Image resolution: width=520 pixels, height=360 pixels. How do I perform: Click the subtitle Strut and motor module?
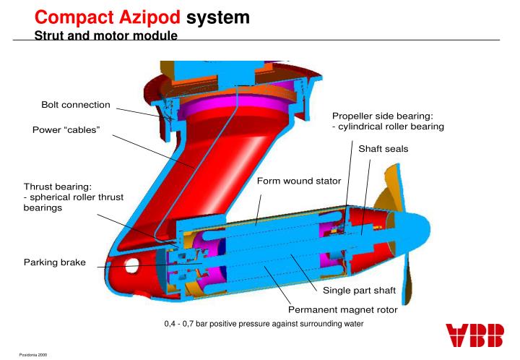point(105,34)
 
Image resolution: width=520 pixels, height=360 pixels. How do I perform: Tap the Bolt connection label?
point(76,105)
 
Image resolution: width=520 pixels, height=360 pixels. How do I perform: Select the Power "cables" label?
point(66,130)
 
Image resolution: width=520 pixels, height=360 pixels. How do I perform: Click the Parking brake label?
point(53,262)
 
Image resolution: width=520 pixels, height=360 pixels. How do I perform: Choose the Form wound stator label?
point(299,180)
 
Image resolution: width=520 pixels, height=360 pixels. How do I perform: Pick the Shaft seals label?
point(383,148)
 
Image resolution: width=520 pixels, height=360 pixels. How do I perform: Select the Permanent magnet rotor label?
point(343,309)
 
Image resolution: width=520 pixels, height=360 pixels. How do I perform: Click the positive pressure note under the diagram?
point(264,322)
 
